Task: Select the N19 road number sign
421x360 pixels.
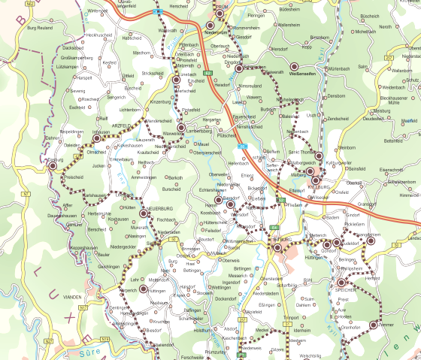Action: click(x=104, y=339)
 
